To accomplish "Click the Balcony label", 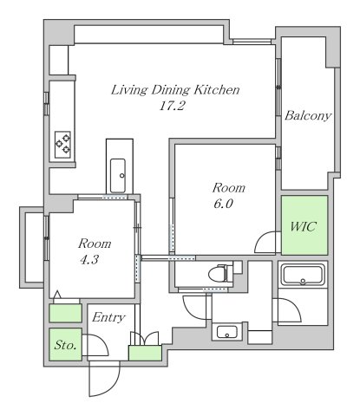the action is (308, 115).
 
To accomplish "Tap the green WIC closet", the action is (304, 225).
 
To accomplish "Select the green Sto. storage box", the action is (65, 344).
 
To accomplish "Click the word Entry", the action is (108, 318).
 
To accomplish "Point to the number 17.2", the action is (172, 106).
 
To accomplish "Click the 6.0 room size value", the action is (223, 204).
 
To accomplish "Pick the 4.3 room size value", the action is (89, 260).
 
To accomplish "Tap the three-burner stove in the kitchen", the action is (63, 145).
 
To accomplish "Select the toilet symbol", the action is (220, 273).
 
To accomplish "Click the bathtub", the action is (304, 275).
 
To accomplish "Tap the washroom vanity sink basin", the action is (227, 332).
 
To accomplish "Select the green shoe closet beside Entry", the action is (145, 353).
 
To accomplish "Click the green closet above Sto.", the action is (65, 313).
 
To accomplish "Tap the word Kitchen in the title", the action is (217, 90).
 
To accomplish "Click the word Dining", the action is (170, 91).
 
